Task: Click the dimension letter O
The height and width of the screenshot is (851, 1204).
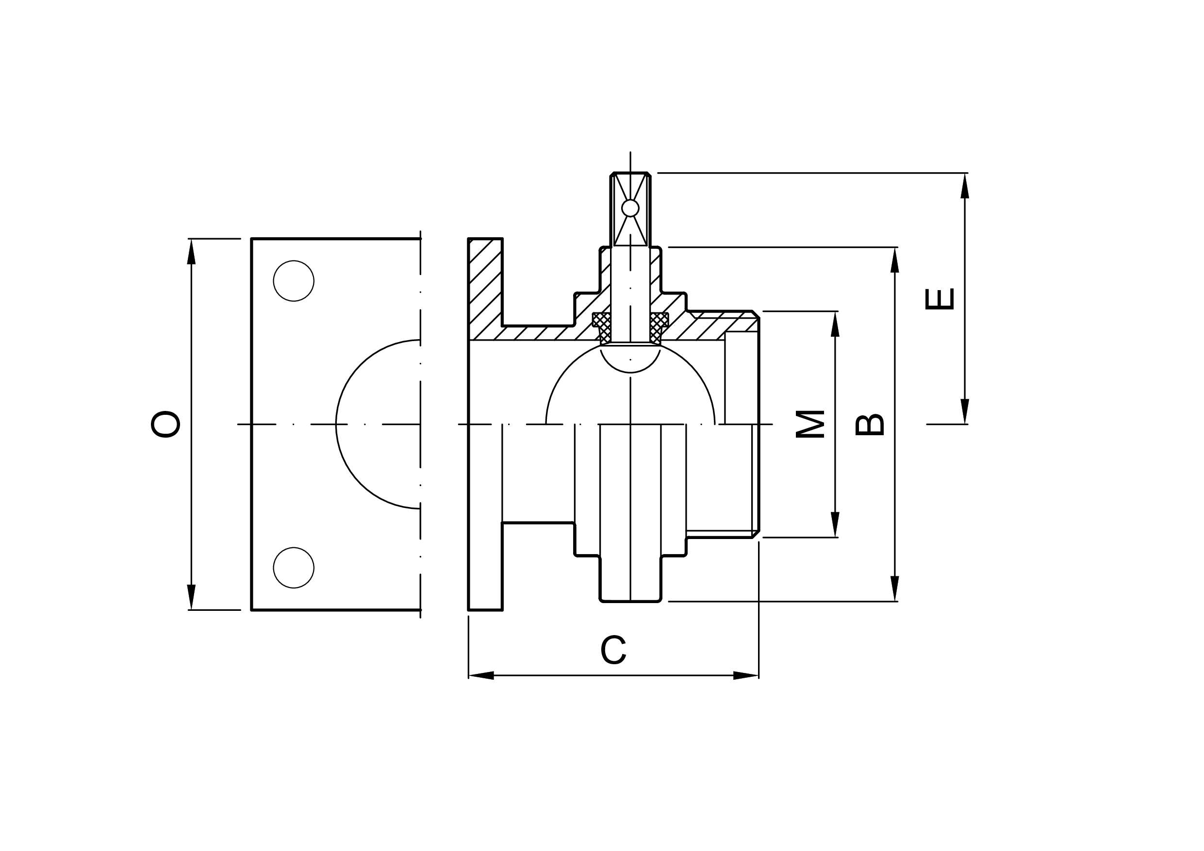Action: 165,424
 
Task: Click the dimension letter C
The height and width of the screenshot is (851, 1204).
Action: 613,650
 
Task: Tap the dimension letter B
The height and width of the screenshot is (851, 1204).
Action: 870,425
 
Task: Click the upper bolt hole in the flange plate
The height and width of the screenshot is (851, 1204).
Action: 294,281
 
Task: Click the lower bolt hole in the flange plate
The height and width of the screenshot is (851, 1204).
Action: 294,568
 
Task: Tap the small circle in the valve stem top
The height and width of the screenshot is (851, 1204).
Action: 630,208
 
